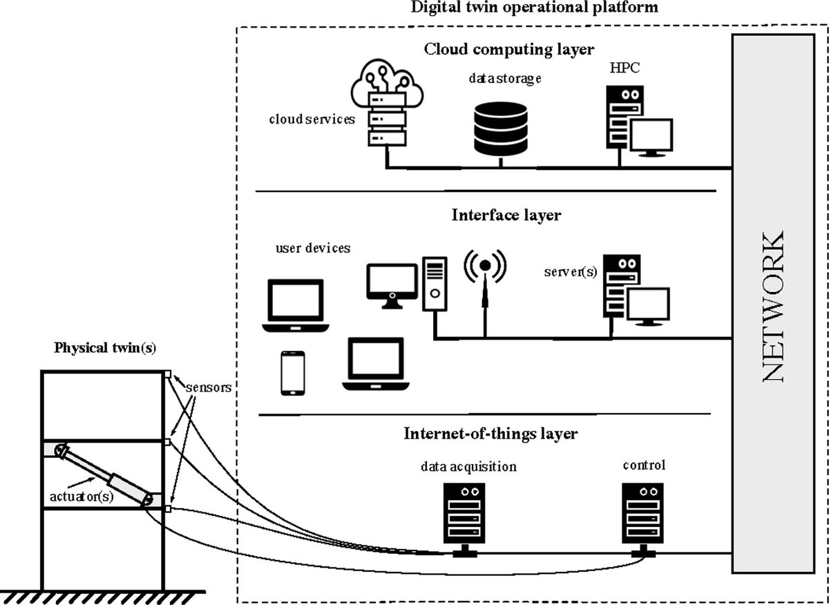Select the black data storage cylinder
pyautogui.click(x=501, y=128)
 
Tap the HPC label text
pyautogui.click(x=625, y=68)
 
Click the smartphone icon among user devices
pyautogui.click(x=293, y=373)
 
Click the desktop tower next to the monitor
pyautogui.click(x=435, y=284)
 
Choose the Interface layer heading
pyautogui.click(x=506, y=215)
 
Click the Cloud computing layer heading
pyautogui.click(x=509, y=50)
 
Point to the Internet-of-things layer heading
pyautogui.click(x=490, y=434)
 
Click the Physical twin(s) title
pyautogui.click(x=105, y=348)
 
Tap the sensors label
pyautogui.click(x=209, y=387)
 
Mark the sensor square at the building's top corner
pyautogui.click(x=168, y=374)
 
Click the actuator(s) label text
pyautogui.click(x=82, y=496)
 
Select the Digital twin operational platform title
pyautogui.click(x=535, y=8)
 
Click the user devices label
pyautogui.click(x=313, y=248)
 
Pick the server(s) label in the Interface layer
pyautogui.click(x=571, y=272)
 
